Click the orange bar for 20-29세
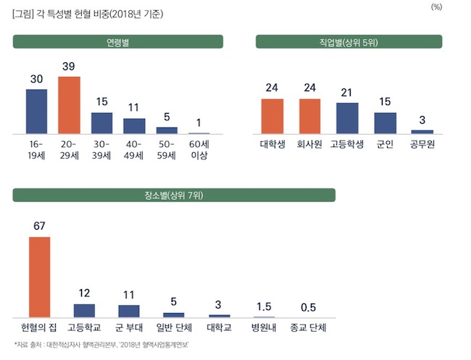pos(69,105)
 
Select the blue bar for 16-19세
pos(36,112)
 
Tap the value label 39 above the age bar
pos(69,67)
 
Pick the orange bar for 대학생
pos(272,116)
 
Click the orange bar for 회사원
pos(309,116)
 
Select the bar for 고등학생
pos(347,118)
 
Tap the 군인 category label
pos(385,144)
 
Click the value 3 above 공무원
pos(422,120)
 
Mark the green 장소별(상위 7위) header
pos(174,195)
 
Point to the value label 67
pos(39,226)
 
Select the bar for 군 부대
pos(129,311)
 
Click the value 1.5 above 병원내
pos(263,306)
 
